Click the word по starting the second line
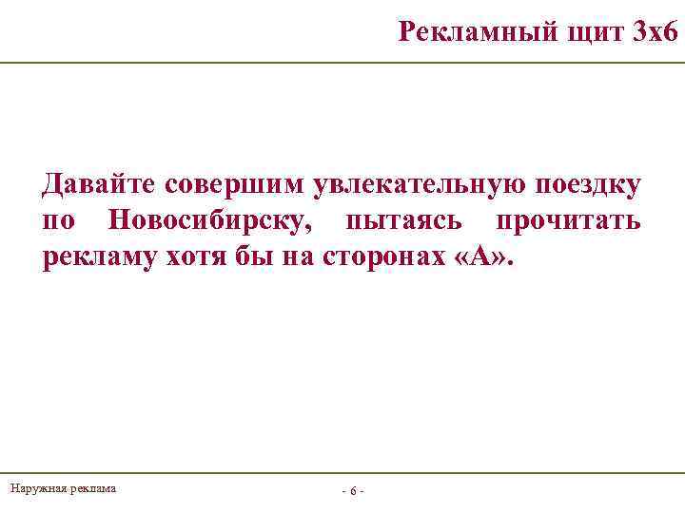coord(59,221)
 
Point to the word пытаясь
coord(405,221)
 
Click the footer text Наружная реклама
coord(63,488)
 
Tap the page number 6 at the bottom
coord(352,491)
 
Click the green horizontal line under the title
coord(342,63)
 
